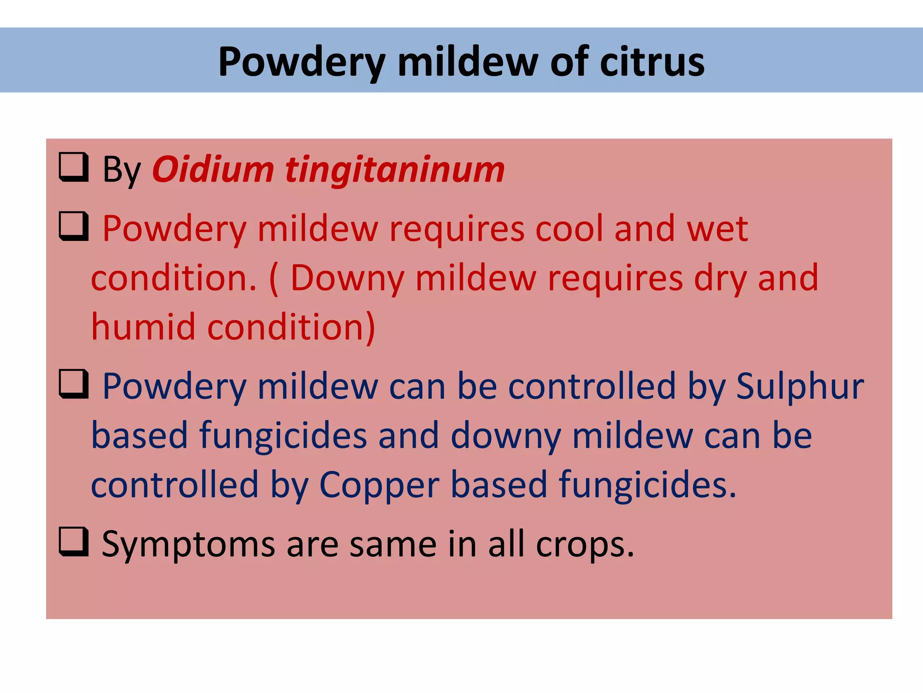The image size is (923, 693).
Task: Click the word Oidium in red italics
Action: point(213,170)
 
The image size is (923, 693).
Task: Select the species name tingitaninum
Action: point(395,171)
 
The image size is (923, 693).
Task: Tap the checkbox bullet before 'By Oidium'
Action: point(73,167)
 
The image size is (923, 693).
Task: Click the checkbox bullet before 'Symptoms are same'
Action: point(73,542)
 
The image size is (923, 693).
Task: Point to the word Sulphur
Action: point(800,387)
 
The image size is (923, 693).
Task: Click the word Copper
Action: point(379,485)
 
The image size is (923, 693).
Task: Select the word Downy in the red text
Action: point(347,278)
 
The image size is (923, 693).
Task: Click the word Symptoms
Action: point(188,545)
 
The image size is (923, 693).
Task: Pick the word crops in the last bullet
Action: point(585,545)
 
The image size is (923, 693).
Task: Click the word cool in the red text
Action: point(569,229)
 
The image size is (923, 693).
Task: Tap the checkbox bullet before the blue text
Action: point(73,384)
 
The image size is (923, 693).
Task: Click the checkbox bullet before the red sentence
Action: point(73,226)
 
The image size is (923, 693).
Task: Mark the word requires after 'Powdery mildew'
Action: point(457,229)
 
